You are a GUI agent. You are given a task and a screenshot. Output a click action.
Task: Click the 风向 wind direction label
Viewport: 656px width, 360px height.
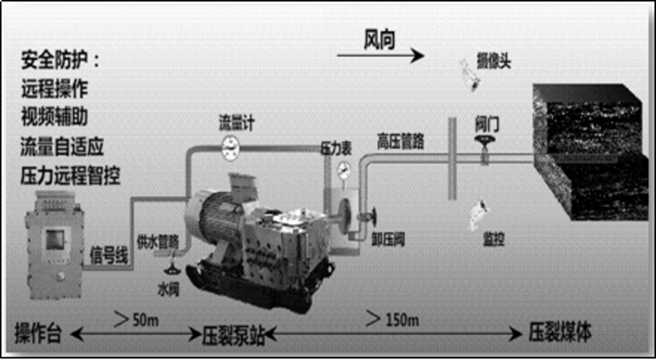coord(379,40)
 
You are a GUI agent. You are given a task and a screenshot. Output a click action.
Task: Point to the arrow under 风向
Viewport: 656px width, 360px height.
coord(380,55)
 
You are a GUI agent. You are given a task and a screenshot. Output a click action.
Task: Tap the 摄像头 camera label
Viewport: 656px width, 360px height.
coord(493,62)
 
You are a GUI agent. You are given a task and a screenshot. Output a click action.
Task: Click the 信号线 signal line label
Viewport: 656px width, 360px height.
coord(109,256)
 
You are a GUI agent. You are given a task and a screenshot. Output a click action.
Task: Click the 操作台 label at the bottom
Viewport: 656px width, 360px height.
coord(38,334)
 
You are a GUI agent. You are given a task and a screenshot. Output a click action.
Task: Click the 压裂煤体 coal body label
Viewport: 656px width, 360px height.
coord(559,333)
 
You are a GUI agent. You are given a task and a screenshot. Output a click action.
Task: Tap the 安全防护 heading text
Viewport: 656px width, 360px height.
coord(60,61)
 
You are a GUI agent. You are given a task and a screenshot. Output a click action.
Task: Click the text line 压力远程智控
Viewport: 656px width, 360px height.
coord(71,177)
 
